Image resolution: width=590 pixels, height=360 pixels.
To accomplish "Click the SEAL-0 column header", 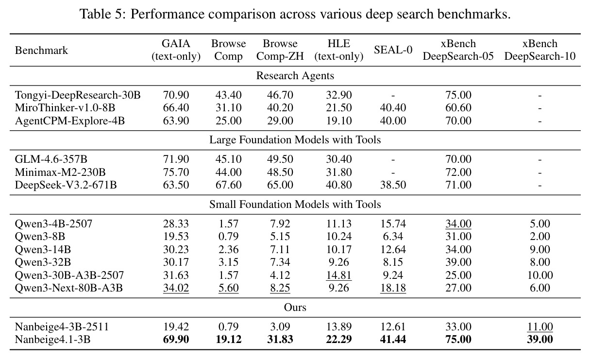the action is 393,50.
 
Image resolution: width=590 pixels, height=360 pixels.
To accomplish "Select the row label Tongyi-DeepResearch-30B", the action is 78,95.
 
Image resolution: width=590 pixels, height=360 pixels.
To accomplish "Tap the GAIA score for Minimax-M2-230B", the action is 176,172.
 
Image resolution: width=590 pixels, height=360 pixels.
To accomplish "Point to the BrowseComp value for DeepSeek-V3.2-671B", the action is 228,185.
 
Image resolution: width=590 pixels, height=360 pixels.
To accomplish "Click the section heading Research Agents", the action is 295,76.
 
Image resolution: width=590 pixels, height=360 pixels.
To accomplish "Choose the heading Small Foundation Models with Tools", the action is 295,205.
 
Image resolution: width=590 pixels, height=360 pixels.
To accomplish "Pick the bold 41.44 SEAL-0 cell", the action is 393,339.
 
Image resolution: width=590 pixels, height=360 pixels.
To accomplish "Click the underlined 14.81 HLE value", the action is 339,275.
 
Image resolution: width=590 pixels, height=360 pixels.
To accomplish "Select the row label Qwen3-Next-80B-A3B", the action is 69,288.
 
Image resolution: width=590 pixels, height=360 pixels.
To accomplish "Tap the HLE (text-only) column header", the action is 339,50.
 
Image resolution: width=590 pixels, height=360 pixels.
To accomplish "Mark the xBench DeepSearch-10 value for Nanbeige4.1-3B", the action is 539,339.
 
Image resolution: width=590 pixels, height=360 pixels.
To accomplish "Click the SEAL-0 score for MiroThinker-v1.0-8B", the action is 393,107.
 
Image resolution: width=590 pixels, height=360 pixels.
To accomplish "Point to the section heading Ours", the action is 295,308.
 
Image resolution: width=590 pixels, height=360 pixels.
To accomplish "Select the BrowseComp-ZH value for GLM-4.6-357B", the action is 280,159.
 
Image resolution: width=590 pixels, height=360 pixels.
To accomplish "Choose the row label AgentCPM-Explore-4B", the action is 70,120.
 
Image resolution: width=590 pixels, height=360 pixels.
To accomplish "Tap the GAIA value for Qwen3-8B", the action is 176,237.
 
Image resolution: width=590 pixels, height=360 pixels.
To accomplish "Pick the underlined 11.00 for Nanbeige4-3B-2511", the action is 539,327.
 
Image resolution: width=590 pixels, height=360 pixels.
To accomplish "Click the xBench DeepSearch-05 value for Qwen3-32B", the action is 458,262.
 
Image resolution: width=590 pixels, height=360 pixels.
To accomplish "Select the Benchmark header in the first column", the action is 41,51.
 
